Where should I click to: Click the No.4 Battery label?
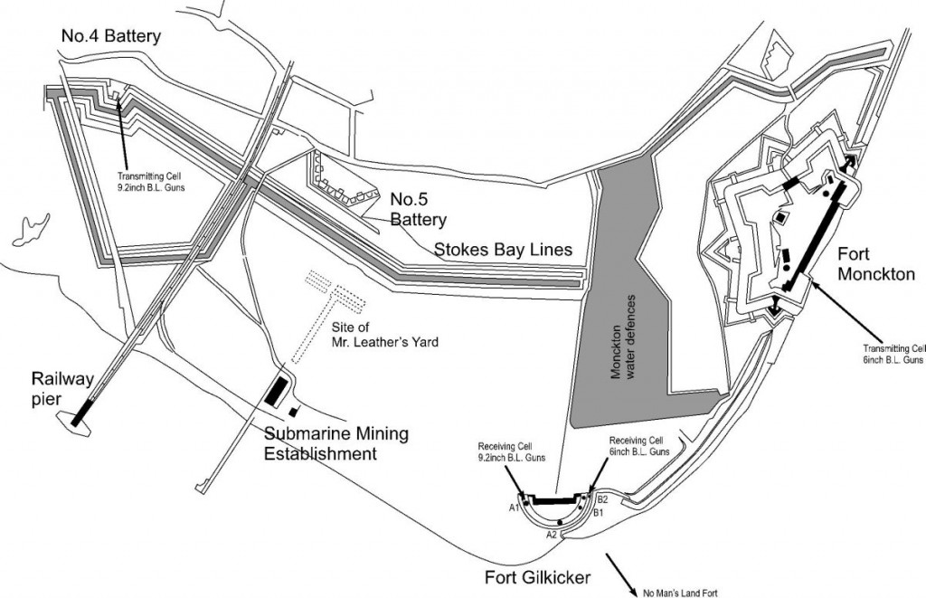coord(111,37)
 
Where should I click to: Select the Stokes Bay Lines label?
coord(504,249)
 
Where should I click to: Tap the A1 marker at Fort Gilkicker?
coord(512,508)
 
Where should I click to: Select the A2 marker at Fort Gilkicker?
coord(551,535)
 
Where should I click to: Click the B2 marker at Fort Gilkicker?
coord(602,498)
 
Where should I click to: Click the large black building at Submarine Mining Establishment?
coord(274,392)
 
